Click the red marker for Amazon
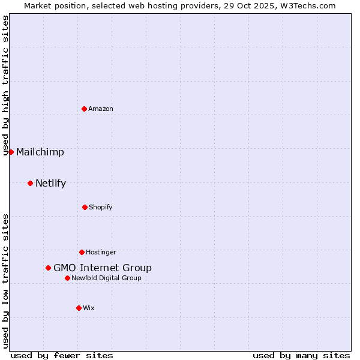[84, 109]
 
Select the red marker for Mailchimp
[11, 152]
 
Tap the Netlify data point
[30, 183]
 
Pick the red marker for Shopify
[85, 207]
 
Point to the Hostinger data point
[82, 252]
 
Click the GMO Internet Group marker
[48, 268]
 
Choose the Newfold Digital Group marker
[67, 278]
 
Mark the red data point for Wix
[79, 308]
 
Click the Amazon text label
[101, 109]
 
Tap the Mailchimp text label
[40, 152]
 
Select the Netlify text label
[50, 183]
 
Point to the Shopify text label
[101, 207]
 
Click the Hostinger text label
[101, 252]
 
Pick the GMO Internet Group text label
[103, 268]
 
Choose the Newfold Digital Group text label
[107, 278]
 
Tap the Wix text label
[89, 308]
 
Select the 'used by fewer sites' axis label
[62, 355]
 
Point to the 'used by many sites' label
[301, 355]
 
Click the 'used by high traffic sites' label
[6, 85]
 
